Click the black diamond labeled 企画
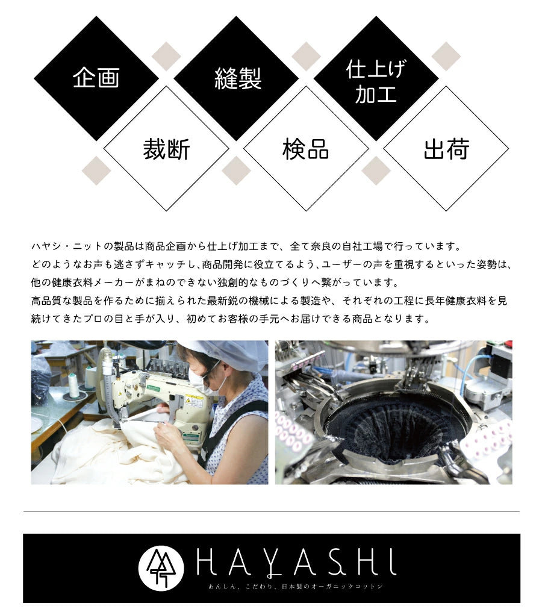96,78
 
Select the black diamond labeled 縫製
236,78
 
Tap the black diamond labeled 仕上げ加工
376,78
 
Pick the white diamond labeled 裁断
166,149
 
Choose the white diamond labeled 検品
307,149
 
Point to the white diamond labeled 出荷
446,149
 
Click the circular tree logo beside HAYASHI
161,567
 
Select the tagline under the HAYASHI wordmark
295,587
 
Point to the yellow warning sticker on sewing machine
194,402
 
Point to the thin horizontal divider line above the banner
272,511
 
